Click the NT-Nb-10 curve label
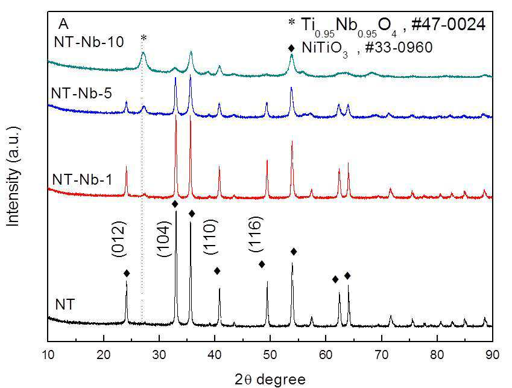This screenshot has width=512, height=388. point(89,42)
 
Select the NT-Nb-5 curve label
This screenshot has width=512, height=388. point(81,94)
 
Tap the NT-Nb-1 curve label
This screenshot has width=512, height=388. point(82,179)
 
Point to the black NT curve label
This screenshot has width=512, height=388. point(65,304)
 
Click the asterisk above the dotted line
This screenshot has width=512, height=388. point(144,39)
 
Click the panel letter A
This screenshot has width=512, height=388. point(63,24)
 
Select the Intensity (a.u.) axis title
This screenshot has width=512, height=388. point(13,176)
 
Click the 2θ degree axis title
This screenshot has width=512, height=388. point(270,380)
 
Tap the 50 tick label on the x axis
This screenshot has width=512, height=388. point(270,355)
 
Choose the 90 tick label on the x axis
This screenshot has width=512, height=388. point(492,355)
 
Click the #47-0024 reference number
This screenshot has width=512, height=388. point(448,25)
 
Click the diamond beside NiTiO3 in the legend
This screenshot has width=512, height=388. point(291,48)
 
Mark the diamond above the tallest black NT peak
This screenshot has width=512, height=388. point(175,204)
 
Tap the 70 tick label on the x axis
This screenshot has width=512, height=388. point(381,355)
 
